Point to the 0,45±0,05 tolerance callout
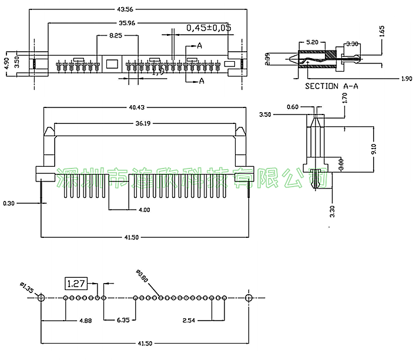coord(209,28)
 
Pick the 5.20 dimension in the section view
coord(313,43)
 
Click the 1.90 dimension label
coord(406,78)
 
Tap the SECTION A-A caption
coord(332,86)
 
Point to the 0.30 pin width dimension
coord(9,203)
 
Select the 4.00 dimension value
coord(144,210)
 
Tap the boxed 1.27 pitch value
coord(76,284)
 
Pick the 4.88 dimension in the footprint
coord(69,321)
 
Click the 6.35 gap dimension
coord(123,321)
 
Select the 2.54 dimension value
coord(189,321)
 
